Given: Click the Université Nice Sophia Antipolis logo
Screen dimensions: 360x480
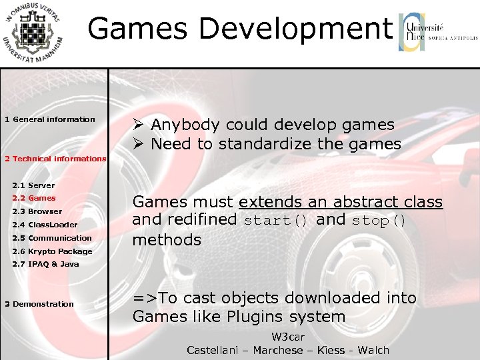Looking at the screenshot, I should (x=438, y=32).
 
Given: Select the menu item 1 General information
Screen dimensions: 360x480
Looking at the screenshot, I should (x=50, y=119).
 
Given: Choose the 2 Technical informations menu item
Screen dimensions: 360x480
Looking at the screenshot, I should (x=55, y=159).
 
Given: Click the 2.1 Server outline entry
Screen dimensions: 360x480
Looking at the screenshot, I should (x=33, y=185).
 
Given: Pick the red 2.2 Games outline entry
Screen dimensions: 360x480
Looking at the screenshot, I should (x=34, y=198).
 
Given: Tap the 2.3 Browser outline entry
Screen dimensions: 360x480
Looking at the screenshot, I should (x=37, y=211).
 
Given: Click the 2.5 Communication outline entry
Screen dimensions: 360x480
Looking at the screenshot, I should (x=52, y=238).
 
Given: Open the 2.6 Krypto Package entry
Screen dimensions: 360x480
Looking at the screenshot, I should (x=52, y=251).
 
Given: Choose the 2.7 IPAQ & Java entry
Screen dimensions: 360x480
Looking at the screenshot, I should (x=45, y=264).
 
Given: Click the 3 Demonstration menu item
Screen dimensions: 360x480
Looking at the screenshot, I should (x=39, y=304).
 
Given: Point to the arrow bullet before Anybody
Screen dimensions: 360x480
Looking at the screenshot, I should (x=138, y=125).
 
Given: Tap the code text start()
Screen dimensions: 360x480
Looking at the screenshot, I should (x=275, y=221).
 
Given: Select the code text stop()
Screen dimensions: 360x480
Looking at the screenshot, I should (x=378, y=221).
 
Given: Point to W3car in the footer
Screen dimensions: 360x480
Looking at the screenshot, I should (x=288, y=337).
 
